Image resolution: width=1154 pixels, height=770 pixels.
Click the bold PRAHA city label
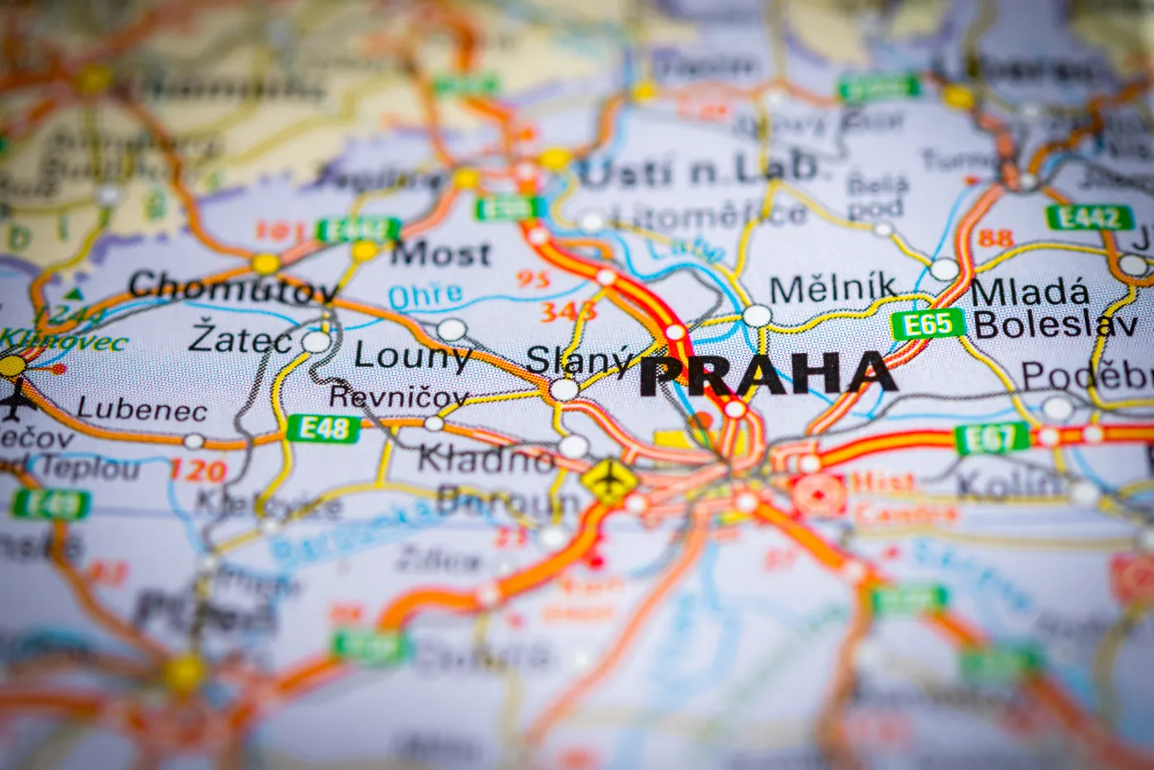coord(767,374)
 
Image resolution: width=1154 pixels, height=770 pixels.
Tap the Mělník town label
coord(833,289)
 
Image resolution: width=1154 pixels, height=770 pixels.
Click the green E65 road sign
coord(928,325)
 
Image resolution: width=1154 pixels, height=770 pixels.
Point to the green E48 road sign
coord(324,428)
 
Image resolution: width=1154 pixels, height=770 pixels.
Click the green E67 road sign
coord(992,439)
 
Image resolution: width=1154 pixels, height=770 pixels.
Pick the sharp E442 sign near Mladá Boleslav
coord(1088,218)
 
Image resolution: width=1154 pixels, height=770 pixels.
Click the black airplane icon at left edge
coord(13,403)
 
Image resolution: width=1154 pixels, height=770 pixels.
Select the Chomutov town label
coord(234,286)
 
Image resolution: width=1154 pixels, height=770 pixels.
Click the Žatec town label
coord(240,339)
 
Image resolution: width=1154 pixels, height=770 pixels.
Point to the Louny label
coord(412,356)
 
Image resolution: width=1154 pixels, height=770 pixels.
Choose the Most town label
coord(441,255)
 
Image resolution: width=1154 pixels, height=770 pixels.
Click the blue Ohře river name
coord(425,295)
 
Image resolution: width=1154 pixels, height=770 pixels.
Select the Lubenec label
coord(141,409)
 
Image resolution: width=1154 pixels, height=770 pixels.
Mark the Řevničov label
coord(399,396)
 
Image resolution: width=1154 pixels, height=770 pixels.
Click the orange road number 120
coord(198,471)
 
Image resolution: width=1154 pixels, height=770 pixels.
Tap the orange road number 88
coord(995,238)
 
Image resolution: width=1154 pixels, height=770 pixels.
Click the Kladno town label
coord(486,458)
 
